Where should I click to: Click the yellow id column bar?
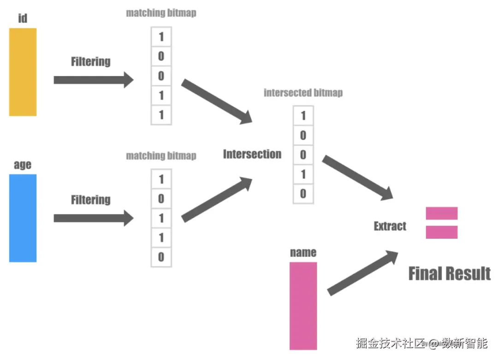pos(23,72)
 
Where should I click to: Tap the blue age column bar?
pos(23,218)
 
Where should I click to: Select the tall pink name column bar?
pos(303,306)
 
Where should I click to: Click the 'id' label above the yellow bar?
pos(23,18)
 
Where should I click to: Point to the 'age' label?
pos(23,165)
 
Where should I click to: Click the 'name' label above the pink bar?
pos(303,253)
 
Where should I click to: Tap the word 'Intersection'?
pos(252,154)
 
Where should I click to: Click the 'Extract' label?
pos(390,226)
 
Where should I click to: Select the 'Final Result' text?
pos(450,274)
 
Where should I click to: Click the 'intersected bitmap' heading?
pos(303,93)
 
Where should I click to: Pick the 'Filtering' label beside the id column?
pos(91,62)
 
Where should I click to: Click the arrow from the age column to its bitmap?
pos(94,218)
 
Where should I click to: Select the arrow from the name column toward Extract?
pos(363,273)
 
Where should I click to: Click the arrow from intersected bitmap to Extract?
pos(358,178)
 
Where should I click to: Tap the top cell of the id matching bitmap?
pos(161,37)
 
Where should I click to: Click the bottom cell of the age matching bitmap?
pos(161,257)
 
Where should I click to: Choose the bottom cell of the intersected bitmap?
pos(303,194)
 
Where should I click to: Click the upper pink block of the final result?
pos(441,213)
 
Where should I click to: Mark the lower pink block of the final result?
pos(441,232)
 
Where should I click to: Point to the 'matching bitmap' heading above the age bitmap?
pos(161,156)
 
